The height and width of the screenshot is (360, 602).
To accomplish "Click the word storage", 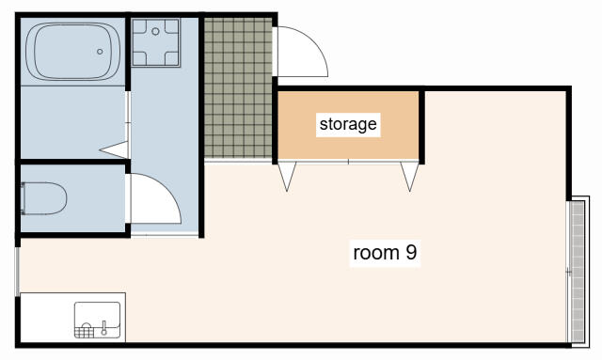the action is click(x=348, y=124).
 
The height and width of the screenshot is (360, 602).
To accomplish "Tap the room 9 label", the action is click(x=385, y=253).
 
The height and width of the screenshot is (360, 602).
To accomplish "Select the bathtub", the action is click(x=73, y=52).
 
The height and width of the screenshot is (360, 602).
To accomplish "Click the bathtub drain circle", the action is click(x=100, y=52).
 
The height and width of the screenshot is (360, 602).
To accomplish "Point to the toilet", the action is click(x=44, y=198).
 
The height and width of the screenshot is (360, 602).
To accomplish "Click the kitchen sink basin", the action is click(x=97, y=321).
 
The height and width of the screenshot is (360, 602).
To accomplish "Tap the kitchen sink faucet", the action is click(x=103, y=328).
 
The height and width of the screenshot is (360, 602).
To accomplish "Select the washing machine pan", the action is click(x=155, y=42).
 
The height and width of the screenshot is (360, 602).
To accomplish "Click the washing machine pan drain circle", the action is click(x=155, y=31).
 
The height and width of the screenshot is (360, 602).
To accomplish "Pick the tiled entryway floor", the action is click(x=238, y=87).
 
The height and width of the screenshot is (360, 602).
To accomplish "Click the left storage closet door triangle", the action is click(x=287, y=176).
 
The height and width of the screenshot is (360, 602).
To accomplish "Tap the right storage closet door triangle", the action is click(x=410, y=176).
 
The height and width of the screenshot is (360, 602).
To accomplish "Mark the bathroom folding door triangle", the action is click(x=114, y=149).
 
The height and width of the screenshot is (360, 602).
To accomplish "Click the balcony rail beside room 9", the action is click(x=578, y=272).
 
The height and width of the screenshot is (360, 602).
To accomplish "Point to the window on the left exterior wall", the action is click(x=17, y=272).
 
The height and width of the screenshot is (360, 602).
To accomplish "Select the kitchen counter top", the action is click(x=73, y=318).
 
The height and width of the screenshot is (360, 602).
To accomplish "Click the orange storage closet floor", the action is click(x=348, y=125).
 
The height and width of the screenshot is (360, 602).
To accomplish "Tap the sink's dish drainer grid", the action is click(x=84, y=333).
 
